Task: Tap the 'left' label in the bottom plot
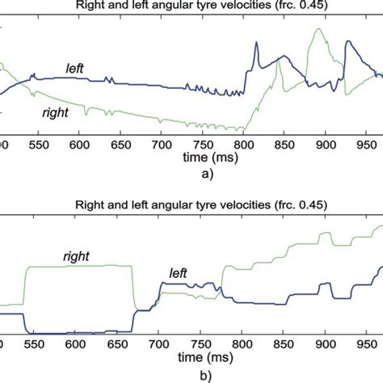tap(179, 274)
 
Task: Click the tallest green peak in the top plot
tap(315, 30)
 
